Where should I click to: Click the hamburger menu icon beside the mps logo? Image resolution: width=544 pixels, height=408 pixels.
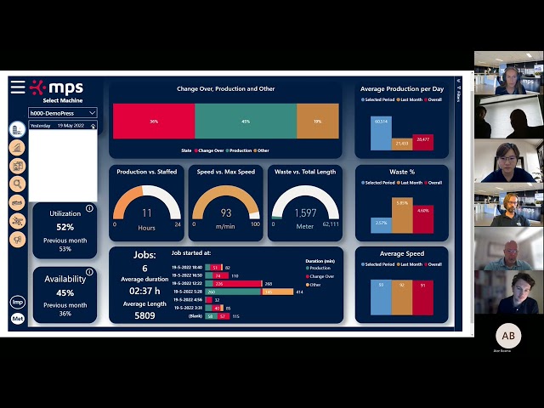point(17,88)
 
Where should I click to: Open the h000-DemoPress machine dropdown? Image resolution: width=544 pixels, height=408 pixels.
point(63,112)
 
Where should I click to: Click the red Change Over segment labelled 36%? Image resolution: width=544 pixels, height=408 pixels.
point(154,122)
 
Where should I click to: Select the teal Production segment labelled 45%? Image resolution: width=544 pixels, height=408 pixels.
point(246,122)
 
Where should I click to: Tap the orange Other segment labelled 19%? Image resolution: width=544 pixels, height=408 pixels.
point(318,122)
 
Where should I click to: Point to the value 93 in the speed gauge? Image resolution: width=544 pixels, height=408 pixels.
point(226,213)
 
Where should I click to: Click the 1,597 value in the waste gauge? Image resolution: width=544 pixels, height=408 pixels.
point(304,213)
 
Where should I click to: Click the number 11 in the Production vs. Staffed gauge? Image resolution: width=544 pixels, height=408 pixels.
point(147,213)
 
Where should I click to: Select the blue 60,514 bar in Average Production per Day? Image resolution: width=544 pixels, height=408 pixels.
point(381,133)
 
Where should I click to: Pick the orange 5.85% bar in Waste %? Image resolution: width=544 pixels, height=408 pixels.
point(402,216)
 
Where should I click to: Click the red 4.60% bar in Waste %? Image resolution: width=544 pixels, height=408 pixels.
point(423,220)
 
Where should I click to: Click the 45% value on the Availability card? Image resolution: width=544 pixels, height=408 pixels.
point(65,293)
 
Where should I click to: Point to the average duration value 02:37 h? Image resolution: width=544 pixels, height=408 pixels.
point(144,291)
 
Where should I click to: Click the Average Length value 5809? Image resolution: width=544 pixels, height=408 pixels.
point(144,315)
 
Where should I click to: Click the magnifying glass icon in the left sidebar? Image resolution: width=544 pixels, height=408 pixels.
point(17,183)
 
